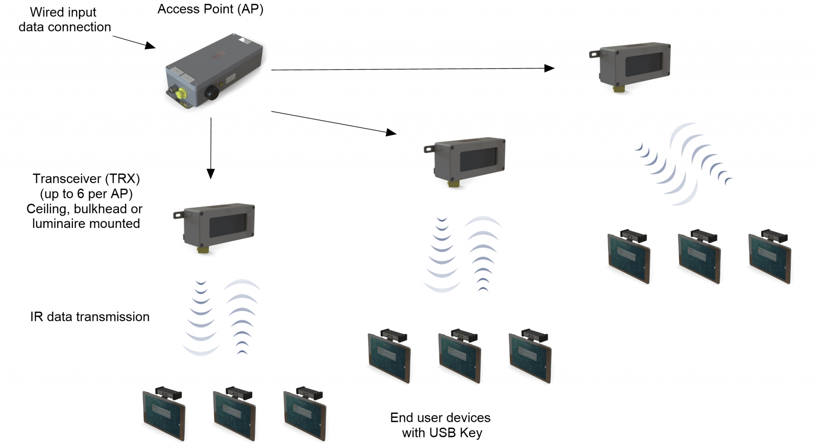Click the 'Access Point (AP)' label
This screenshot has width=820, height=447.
pos(210,9)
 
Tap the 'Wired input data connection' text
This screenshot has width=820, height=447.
pos(64,20)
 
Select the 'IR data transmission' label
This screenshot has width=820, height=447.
pos(90,317)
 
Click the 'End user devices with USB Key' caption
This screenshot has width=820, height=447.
pos(440,425)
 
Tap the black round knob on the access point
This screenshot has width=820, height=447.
pos(212,93)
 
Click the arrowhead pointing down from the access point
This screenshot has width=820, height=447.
pos(211,174)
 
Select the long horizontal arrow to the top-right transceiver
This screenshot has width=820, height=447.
pos(413,69)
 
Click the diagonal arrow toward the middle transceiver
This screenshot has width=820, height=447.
pos(334,122)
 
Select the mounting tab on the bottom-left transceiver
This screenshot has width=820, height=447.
pos(179,215)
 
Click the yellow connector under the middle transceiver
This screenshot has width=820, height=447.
pos(454,184)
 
